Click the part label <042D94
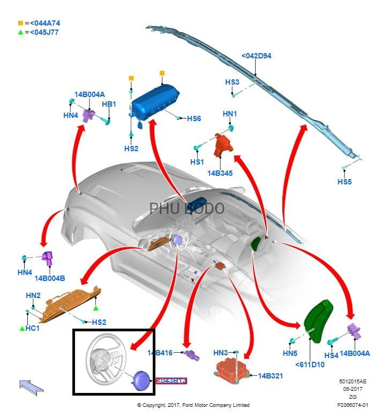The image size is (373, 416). [256, 56]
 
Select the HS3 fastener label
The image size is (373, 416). [232, 82]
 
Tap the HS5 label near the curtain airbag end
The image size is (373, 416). [345, 182]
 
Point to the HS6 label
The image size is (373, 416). [194, 118]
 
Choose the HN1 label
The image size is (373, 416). [230, 114]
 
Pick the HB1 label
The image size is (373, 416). [109, 104]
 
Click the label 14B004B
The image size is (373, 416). [50, 278]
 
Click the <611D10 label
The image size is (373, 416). [310, 365]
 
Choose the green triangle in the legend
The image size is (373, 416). [20, 32]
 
